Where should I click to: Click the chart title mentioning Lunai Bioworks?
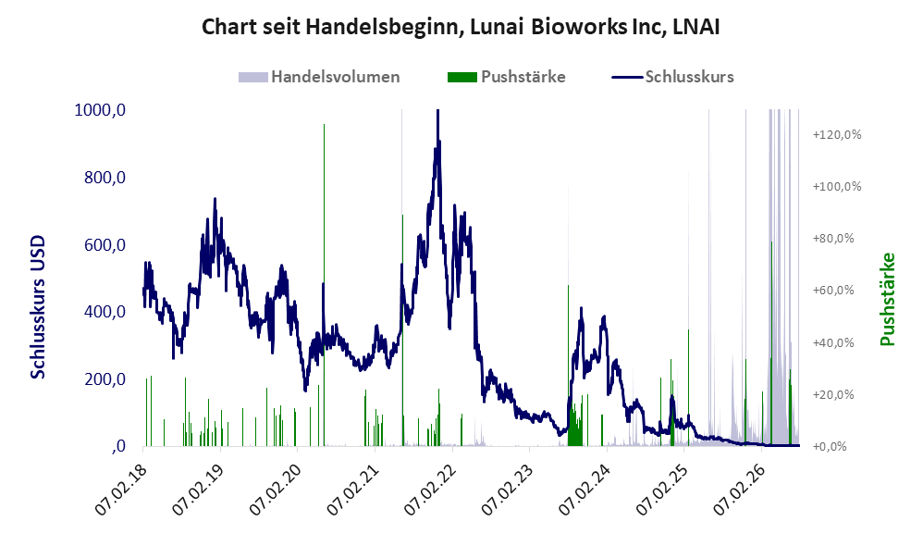pos(461,27)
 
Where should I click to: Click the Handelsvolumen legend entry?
pos(319,77)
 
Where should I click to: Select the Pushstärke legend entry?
pos(506,77)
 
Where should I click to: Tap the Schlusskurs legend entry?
pos(672,77)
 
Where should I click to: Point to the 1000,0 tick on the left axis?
pos(100,110)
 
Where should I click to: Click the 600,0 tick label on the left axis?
pos(105,244)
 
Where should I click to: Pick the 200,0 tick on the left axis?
pos(105,378)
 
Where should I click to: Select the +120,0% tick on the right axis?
pos(836,135)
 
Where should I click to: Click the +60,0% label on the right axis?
pos(833,291)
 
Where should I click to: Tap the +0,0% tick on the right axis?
pos(830,446)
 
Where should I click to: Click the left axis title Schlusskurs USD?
pos(38,307)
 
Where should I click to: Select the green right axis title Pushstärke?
pos(887,299)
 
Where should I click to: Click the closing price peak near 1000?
pos(437,112)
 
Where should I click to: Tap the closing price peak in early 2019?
pos(215,200)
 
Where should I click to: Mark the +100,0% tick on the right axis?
pos(836,187)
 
